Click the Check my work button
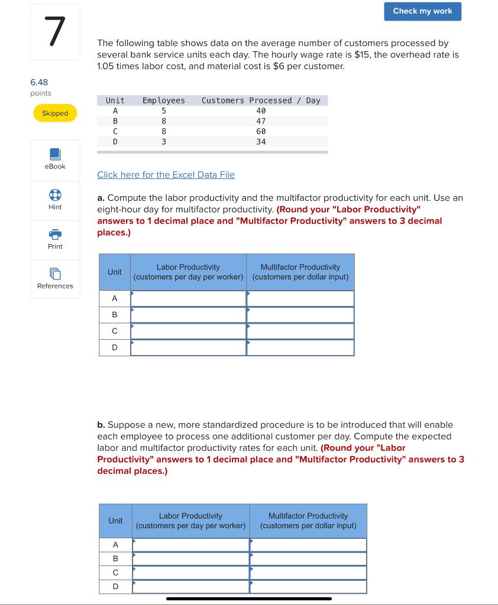click(422, 11)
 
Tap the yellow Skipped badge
click(55, 113)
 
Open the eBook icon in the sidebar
click(55, 155)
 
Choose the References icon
click(55, 274)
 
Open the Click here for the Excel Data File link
click(166, 175)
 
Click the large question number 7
click(54, 32)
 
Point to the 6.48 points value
click(39, 82)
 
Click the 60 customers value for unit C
click(261, 131)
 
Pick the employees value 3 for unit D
click(164, 142)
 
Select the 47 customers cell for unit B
click(261, 121)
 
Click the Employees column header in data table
click(164, 100)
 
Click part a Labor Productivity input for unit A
click(188, 298)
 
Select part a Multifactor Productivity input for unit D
click(300, 347)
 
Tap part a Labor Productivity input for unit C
click(188, 331)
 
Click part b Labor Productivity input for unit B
click(190, 558)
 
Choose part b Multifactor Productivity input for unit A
click(308, 544)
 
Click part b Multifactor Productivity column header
click(308, 521)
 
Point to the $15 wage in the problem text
click(355, 54)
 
